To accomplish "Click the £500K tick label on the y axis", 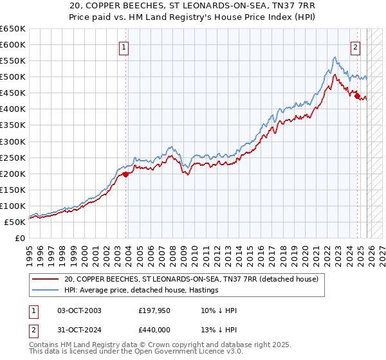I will pyautogui.click(x=13, y=77).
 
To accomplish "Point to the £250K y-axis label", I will pyautogui.click(x=13, y=157).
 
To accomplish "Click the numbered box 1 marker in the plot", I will pyautogui.click(x=123, y=46).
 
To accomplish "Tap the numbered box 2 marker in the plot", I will pyautogui.click(x=354, y=46).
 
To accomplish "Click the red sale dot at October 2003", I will pyautogui.click(x=126, y=174).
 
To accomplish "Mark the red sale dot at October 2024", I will pyautogui.click(x=358, y=96).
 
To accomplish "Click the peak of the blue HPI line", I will pyautogui.click(x=335, y=57).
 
